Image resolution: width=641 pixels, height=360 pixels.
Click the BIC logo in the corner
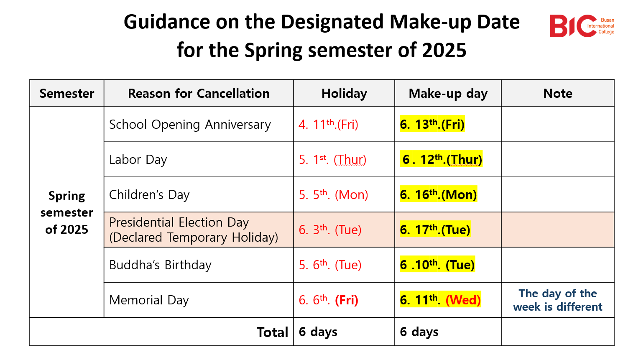(x=582, y=26)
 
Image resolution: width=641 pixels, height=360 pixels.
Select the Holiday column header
(x=344, y=94)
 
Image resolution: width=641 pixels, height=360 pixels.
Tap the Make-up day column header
(x=448, y=94)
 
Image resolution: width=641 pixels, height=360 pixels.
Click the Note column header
(x=557, y=94)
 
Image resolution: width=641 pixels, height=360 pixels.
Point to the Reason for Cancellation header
(x=199, y=94)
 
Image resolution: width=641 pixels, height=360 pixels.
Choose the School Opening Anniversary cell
(x=190, y=125)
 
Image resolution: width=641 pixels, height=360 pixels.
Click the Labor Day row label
(x=138, y=159)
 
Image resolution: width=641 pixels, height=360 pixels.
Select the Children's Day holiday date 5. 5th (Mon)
(x=333, y=194)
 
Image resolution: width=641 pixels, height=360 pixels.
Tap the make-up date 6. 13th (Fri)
(x=432, y=124)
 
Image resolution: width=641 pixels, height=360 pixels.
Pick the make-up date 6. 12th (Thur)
(x=441, y=159)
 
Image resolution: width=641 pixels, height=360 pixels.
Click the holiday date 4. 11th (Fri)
(x=328, y=124)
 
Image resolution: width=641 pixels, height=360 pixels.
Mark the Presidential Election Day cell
(x=194, y=230)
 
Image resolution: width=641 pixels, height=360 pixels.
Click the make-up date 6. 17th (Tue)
(x=435, y=230)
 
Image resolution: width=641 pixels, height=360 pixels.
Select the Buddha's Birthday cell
(x=160, y=265)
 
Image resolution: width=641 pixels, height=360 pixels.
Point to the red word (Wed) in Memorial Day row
(x=463, y=300)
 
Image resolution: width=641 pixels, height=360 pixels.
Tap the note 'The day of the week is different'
(x=557, y=300)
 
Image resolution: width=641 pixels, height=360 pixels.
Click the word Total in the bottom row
(x=272, y=332)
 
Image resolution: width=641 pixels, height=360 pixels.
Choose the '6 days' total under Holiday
(x=318, y=332)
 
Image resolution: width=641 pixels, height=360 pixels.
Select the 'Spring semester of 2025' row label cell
(x=66, y=212)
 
